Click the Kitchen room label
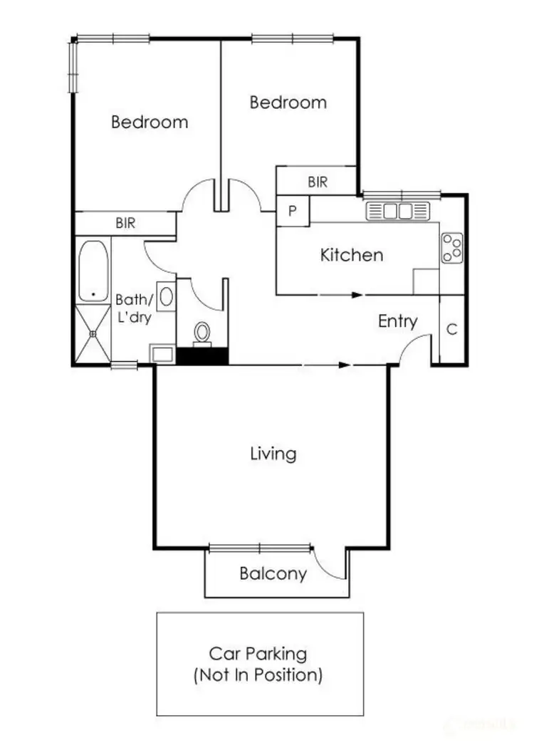(x=352, y=255)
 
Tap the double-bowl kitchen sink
(x=399, y=211)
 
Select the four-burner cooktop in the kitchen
(x=452, y=248)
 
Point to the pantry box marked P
(x=293, y=211)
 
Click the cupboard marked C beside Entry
(x=451, y=329)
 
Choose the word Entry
(x=397, y=321)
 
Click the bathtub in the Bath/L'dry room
(x=93, y=271)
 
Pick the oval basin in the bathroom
(x=165, y=295)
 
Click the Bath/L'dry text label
(x=134, y=308)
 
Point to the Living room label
(x=273, y=453)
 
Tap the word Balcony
(x=273, y=573)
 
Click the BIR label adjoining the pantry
(x=318, y=182)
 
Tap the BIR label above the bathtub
(x=125, y=223)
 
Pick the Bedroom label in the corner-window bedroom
(x=150, y=122)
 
